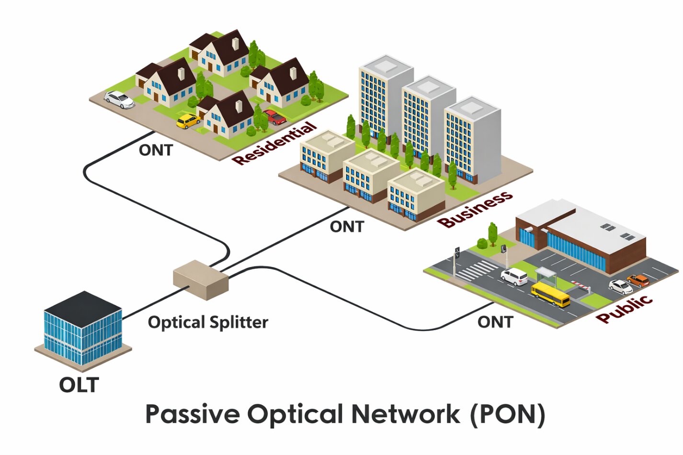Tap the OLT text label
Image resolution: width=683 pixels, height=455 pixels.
coord(79,385)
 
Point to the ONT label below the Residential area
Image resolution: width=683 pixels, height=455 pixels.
coord(156,150)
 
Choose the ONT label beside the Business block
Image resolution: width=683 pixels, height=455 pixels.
coord(347,226)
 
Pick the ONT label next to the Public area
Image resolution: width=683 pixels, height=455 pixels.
coord(495,322)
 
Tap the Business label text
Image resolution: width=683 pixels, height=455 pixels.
coord(475,210)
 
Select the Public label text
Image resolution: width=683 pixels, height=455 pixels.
coord(625,309)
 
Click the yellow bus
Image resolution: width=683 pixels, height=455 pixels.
coord(550,294)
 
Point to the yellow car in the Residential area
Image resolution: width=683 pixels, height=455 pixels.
coord(188,121)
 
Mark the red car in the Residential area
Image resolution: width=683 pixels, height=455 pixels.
coord(275,117)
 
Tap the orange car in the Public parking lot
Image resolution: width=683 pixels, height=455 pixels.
coord(638,280)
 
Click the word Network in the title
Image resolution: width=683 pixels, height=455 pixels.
coord(406,414)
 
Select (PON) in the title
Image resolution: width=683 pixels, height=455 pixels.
coord(507,414)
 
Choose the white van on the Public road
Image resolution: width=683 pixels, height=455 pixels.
coord(514,276)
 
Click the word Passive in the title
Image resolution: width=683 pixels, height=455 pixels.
coord(192,414)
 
